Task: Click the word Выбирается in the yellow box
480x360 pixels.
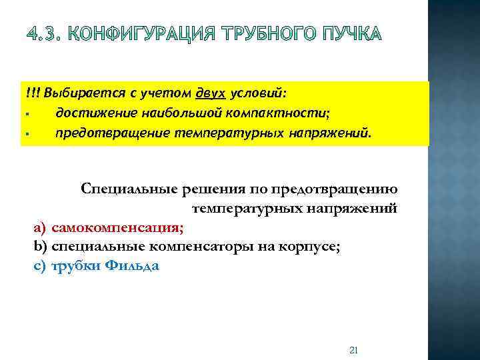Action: tap(76, 91)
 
